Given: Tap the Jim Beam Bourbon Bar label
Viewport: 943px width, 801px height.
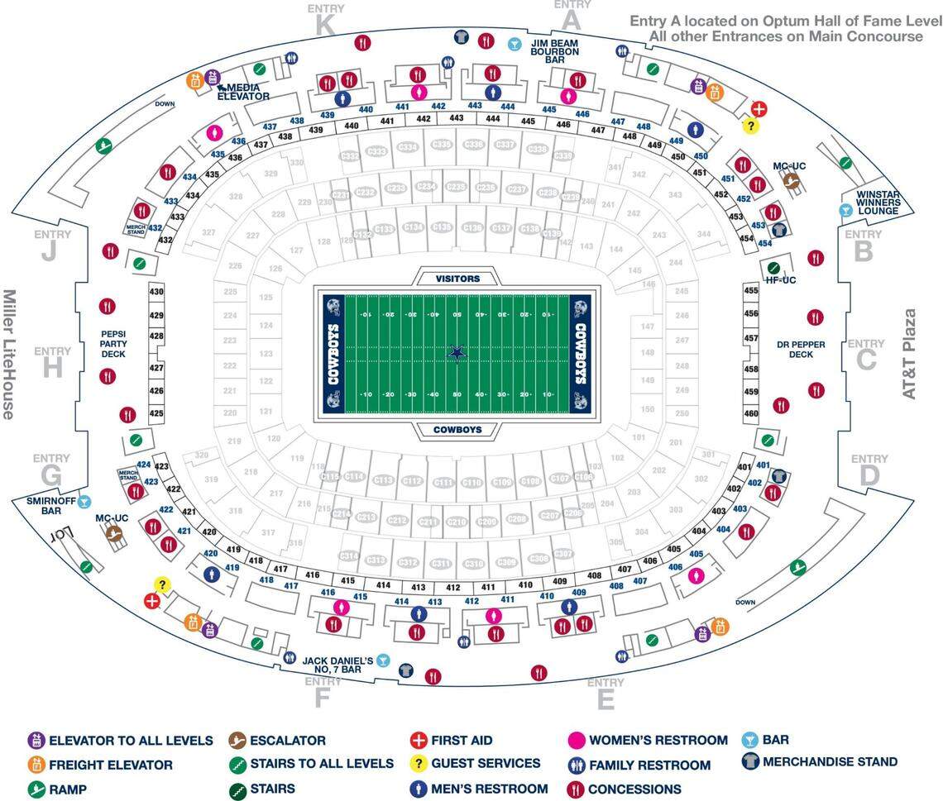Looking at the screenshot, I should pyautogui.click(x=555, y=52).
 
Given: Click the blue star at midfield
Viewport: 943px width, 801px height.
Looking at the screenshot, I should pyautogui.click(x=457, y=353).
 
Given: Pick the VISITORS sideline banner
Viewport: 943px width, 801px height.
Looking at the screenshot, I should pyautogui.click(x=457, y=279).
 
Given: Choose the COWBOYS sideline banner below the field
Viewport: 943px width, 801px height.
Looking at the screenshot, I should pyautogui.click(x=457, y=430).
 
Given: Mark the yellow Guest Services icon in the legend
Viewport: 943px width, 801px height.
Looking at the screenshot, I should pyautogui.click(x=419, y=764).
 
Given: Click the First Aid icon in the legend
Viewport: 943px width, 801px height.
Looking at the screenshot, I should pyautogui.click(x=419, y=741).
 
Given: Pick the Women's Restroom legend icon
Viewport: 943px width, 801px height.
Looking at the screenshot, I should pyautogui.click(x=577, y=741).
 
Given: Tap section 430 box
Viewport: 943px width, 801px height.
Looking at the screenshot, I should pyautogui.click(x=156, y=292).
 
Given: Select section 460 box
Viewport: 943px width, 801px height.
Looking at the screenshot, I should pyautogui.click(x=751, y=413).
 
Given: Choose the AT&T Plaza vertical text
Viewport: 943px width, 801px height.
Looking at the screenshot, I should pyautogui.click(x=910, y=354).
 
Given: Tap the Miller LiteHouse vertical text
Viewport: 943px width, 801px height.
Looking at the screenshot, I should pyautogui.click(x=11, y=354).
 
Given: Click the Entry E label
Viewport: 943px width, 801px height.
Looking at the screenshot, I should pyautogui.click(x=606, y=699).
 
